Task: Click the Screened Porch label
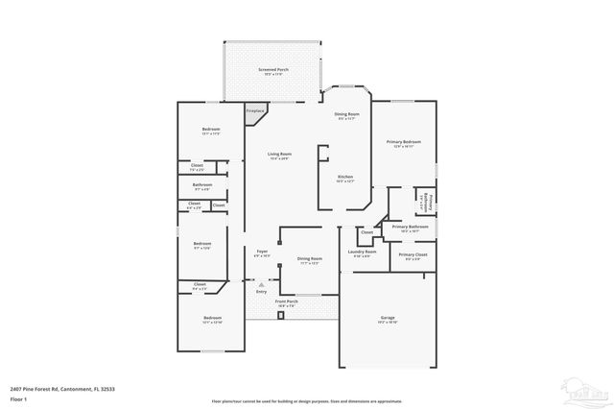pyautogui.click(x=272, y=71)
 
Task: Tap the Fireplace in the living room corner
pyautogui.click(x=255, y=112)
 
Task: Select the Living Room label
pyautogui.click(x=279, y=154)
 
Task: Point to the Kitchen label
pyautogui.click(x=345, y=178)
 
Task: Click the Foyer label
pyautogui.click(x=261, y=253)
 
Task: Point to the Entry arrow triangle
pyautogui.click(x=261, y=284)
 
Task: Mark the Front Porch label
pyautogui.click(x=287, y=301)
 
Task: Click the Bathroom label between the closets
pyautogui.click(x=201, y=185)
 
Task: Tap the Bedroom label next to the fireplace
pyautogui.click(x=211, y=130)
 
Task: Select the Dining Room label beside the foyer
pyautogui.click(x=309, y=259)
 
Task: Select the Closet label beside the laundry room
pyautogui.click(x=366, y=232)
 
